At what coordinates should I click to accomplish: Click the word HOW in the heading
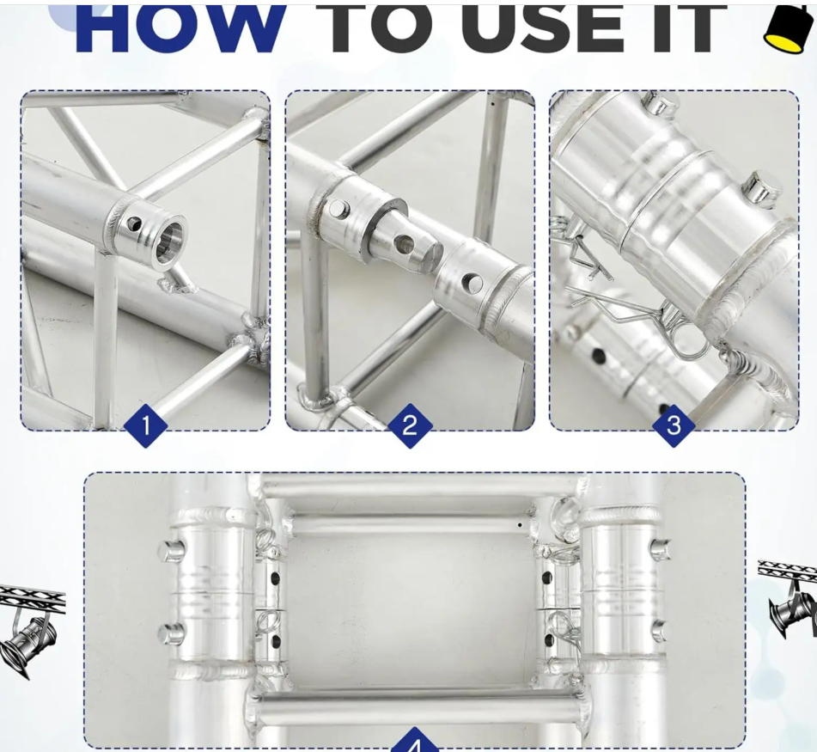[x=180, y=28]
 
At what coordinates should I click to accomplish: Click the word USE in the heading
[x=541, y=28]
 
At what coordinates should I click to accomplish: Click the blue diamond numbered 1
[x=146, y=425]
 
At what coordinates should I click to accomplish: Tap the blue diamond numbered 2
[x=410, y=425]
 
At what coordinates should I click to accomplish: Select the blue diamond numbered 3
[x=674, y=425]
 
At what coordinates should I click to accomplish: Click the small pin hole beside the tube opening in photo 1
[x=134, y=224]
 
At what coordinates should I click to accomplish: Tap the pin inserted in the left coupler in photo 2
[x=338, y=210]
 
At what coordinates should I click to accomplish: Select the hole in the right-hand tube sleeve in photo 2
[x=472, y=283]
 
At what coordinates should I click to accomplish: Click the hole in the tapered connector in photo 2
[x=404, y=243]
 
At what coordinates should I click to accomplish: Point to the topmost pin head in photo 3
[x=660, y=104]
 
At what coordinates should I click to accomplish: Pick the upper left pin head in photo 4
[x=170, y=550]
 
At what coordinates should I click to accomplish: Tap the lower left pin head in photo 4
[x=172, y=633]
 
